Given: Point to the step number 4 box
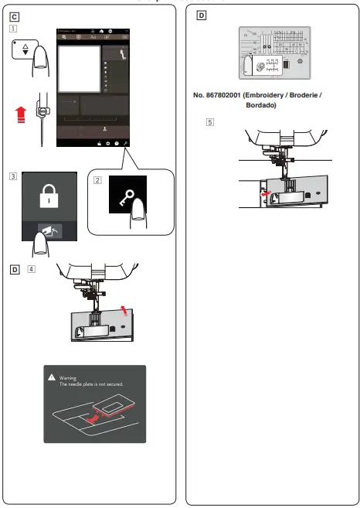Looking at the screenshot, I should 31,269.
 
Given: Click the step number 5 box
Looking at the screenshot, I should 210,123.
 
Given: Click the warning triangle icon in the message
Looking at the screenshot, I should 52,377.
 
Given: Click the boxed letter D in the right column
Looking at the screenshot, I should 202,15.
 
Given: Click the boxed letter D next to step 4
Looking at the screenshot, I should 15,269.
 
